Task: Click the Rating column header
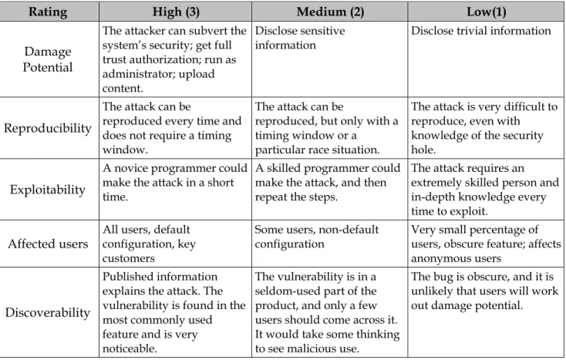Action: click(x=48, y=12)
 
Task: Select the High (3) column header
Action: click(x=176, y=12)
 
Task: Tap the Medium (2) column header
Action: click(x=330, y=12)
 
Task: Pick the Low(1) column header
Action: click(x=487, y=12)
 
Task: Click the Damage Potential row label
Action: click(x=48, y=59)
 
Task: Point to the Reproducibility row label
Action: click(x=48, y=128)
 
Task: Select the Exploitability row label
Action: click(x=48, y=190)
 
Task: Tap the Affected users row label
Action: click(x=48, y=244)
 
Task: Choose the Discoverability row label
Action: click(x=48, y=312)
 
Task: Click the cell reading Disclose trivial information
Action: click(x=481, y=31)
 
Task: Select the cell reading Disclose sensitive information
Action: click(x=300, y=38)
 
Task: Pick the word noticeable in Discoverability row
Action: click(x=130, y=348)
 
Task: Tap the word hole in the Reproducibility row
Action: click(x=423, y=150)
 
